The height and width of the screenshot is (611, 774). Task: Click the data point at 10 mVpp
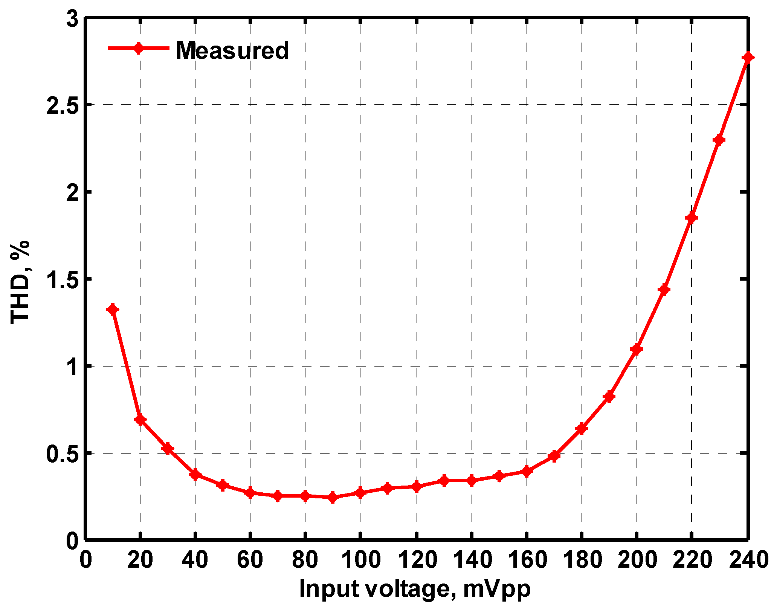click(x=113, y=310)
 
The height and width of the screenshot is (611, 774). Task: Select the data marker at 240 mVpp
click(x=748, y=57)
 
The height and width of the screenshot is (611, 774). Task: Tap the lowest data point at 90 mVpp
click(x=333, y=497)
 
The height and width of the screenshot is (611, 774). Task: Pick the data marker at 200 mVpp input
click(x=637, y=349)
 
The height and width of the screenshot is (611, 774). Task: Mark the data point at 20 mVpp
click(x=140, y=419)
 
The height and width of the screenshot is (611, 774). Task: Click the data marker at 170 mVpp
click(x=554, y=456)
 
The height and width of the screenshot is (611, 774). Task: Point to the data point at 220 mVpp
click(x=692, y=218)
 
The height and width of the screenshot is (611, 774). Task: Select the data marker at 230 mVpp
click(x=719, y=140)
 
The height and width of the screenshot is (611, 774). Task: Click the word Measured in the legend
click(x=232, y=50)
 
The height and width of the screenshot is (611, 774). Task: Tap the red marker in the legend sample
click(x=139, y=48)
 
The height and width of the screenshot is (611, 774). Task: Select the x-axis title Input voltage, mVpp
click(x=415, y=589)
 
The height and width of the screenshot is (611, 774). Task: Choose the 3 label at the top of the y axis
click(x=72, y=19)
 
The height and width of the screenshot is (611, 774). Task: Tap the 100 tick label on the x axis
click(x=360, y=560)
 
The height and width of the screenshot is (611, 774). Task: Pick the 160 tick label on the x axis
click(x=526, y=560)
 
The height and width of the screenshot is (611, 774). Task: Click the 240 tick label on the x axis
click(x=748, y=560)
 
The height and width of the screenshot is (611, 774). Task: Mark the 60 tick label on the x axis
click(x=250, y=560)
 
